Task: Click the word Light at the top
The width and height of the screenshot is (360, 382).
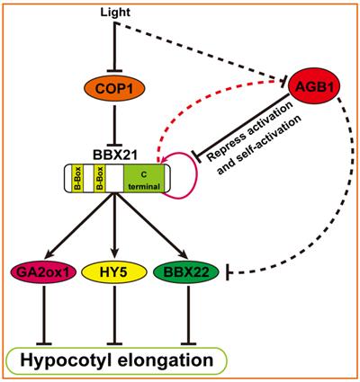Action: coord(115,13)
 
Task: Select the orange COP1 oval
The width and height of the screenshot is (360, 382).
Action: coord(113,88)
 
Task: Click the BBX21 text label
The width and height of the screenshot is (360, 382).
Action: coord(115,155)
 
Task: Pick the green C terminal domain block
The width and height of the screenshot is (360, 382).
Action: coord(144,178)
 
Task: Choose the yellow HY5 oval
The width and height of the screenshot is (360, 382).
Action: coord(114,272)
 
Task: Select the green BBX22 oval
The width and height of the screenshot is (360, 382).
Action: coord(186,272)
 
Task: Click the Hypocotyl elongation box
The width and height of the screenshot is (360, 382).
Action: coord(116,360)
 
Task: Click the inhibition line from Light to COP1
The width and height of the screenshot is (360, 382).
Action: coord(114,48)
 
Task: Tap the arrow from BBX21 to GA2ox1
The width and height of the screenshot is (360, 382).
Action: coord(79,226)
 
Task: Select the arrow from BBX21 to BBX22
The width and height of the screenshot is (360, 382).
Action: coord(151,226)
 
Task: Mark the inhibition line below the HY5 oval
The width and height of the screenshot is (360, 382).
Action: coord(114,315)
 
